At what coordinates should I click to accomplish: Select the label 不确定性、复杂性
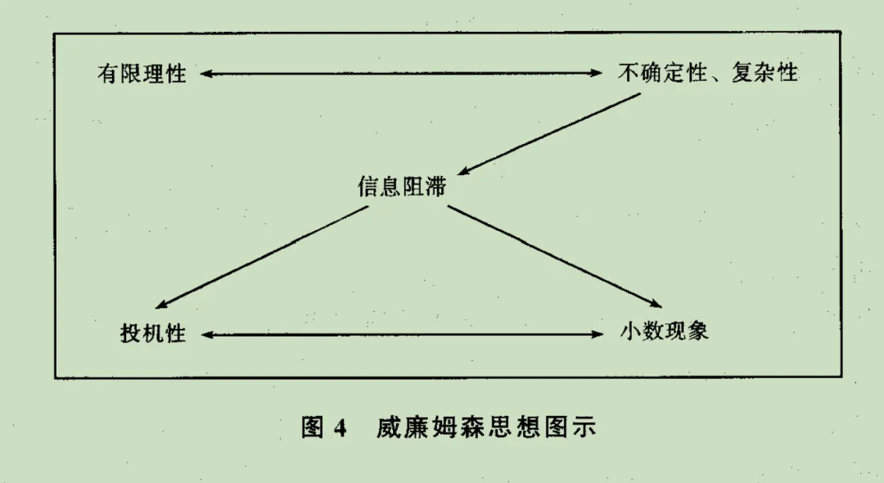click(707, 74)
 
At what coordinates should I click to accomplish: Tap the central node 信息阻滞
click(402, 187)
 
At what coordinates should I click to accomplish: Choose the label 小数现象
click(664, 332)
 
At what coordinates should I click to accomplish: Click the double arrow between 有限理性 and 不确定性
click(401, 74)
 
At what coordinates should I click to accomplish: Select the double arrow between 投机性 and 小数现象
click(401, 334)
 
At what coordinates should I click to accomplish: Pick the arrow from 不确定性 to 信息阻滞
click(548, 133)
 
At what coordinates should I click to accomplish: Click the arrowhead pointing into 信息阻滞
click(464, 171)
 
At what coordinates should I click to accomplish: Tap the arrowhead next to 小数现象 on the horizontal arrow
click(597, 334)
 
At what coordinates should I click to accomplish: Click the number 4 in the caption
click(341, 427)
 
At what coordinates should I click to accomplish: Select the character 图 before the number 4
click(314, 427)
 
